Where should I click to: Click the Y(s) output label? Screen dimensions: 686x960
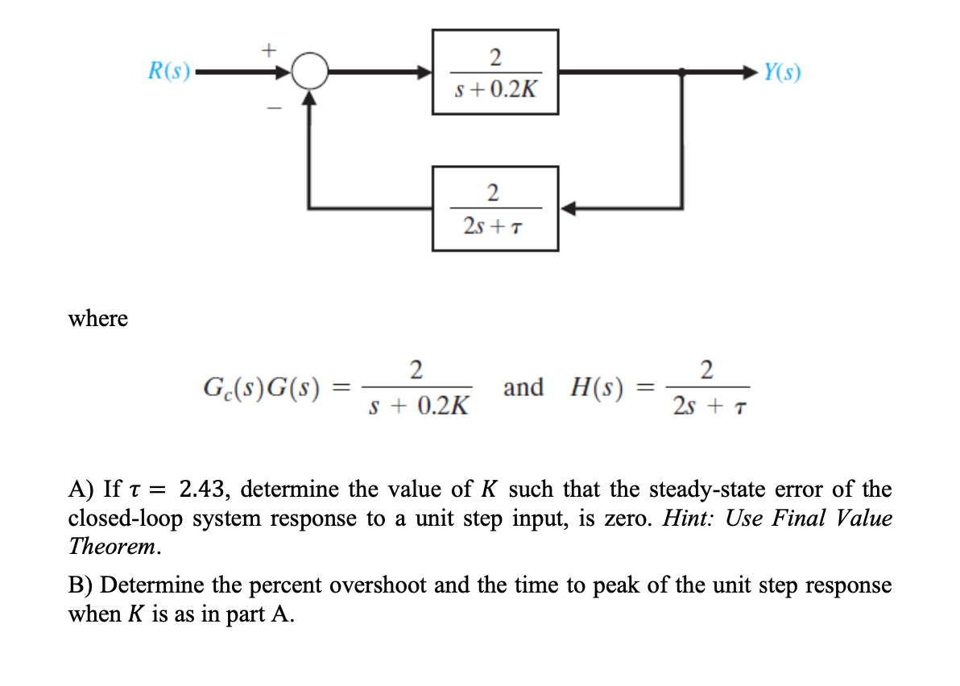[782, 72]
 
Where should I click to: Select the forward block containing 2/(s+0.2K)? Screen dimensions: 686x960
[495, 72]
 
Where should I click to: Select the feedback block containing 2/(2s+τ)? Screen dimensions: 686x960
[495, 209]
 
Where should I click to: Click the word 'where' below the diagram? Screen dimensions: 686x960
[98, 319]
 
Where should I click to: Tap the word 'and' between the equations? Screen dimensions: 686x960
[523, 387]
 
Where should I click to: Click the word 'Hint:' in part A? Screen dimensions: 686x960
[689, 518]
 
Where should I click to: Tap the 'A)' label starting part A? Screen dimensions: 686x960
[82, 489]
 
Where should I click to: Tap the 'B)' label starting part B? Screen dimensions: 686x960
[81, 585]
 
